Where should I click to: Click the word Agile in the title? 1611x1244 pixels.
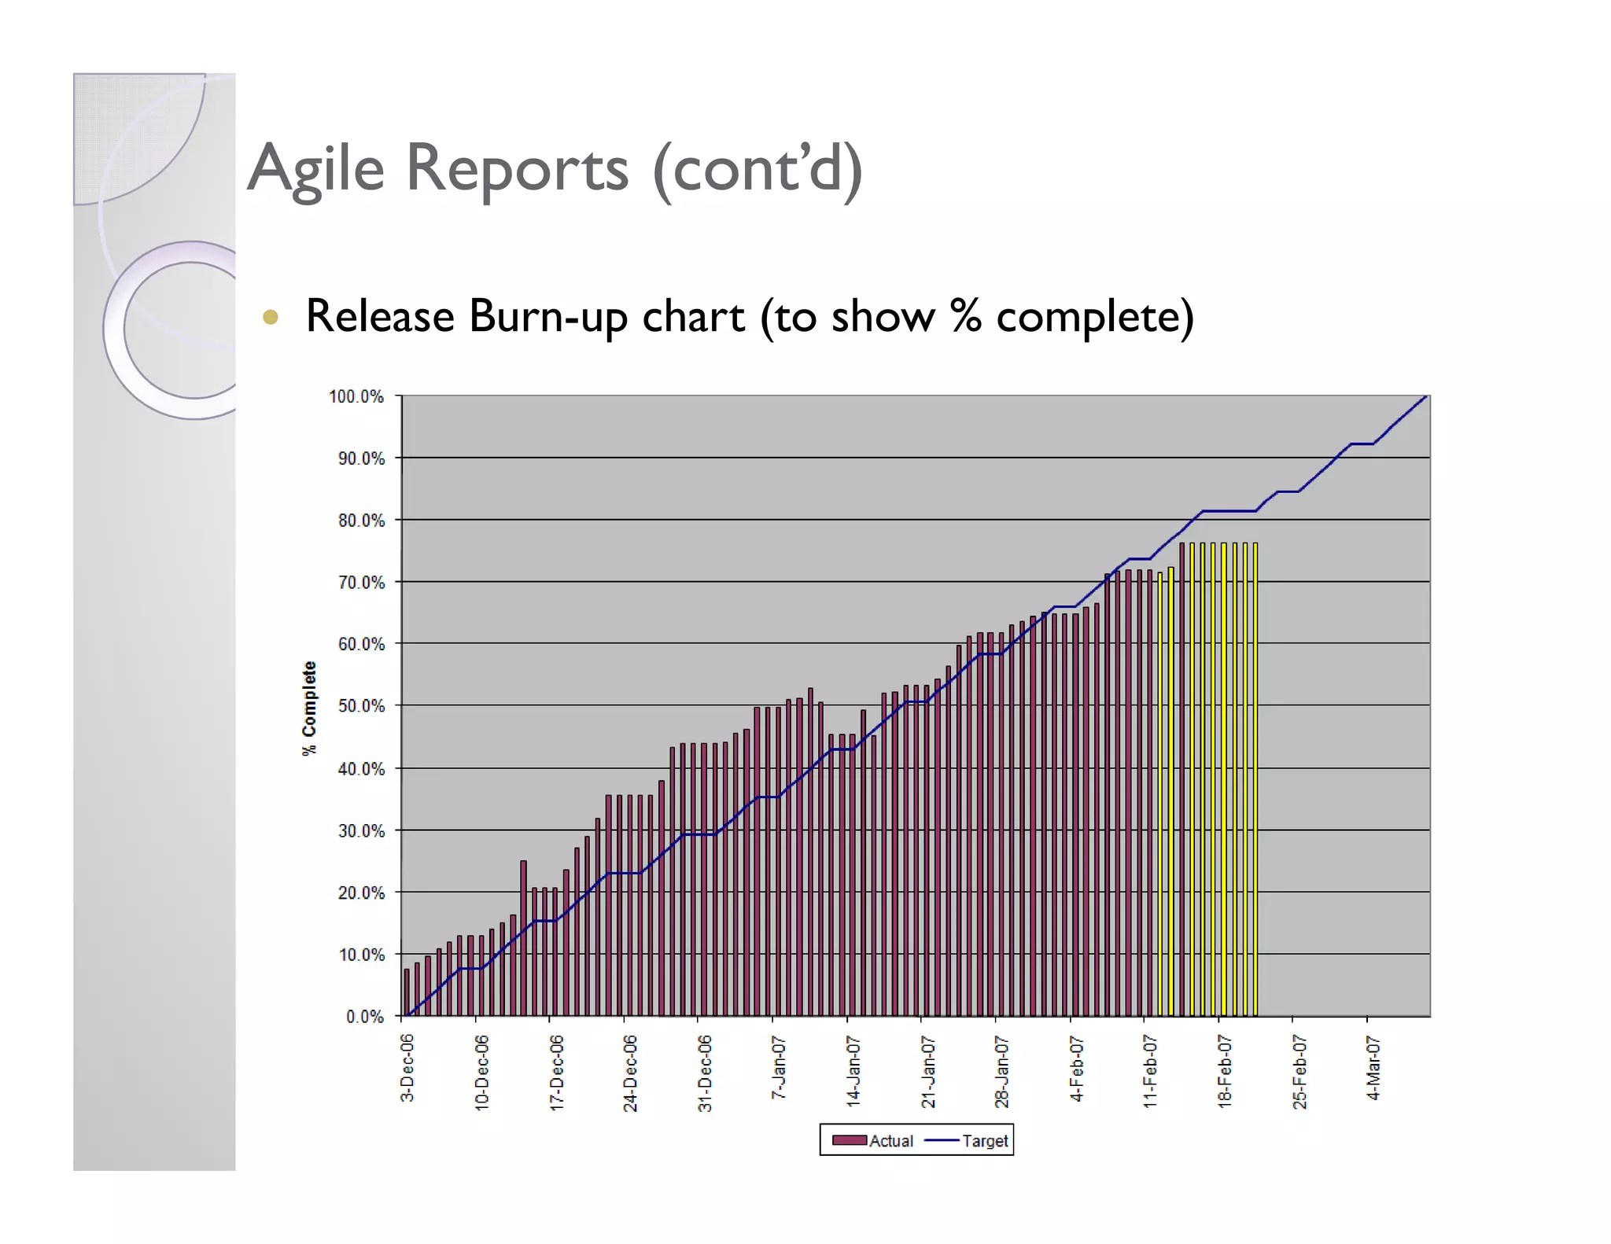pyautogui.click(x=316, y=169)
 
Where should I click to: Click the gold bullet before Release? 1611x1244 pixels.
pyautogui.click(x=271, y=317)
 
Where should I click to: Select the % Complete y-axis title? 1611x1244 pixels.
pyautogui.click(x=309, y=708)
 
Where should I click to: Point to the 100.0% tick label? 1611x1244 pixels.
pyautogui.click(x=356, y=396)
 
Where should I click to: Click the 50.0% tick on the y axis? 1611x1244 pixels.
pyautogui.click(x=361, y=705)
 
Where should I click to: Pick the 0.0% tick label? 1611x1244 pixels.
pyautogui.click(x=365, y=1017)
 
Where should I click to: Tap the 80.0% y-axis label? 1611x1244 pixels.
pyautogui.click(x=361, y=521)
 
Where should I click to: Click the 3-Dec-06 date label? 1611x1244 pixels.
pyautogui.click(x=407, y=1067)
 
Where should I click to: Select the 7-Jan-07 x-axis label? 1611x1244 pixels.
pyautogui.click(x=778, y=1067)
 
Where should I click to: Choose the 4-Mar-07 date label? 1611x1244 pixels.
pyautogui.click(x=1373, y=1067)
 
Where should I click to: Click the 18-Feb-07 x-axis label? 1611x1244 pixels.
pyautogui.click(x=1224, y=1071)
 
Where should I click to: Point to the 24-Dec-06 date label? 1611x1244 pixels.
pyautogui.click(x=630, y=1073)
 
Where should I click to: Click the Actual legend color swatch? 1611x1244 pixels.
pyautogui.click(x=849, y=1140)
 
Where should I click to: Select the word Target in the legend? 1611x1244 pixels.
pyautogui.click(x=985, y=1140)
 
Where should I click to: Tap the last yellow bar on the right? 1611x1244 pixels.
pyautogui.click(x=1255, y=778)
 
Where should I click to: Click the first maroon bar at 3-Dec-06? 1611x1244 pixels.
pyautogui.click(x=407, y=992)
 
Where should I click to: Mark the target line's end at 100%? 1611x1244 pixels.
pyautogui.click(x=1425, y=396)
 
